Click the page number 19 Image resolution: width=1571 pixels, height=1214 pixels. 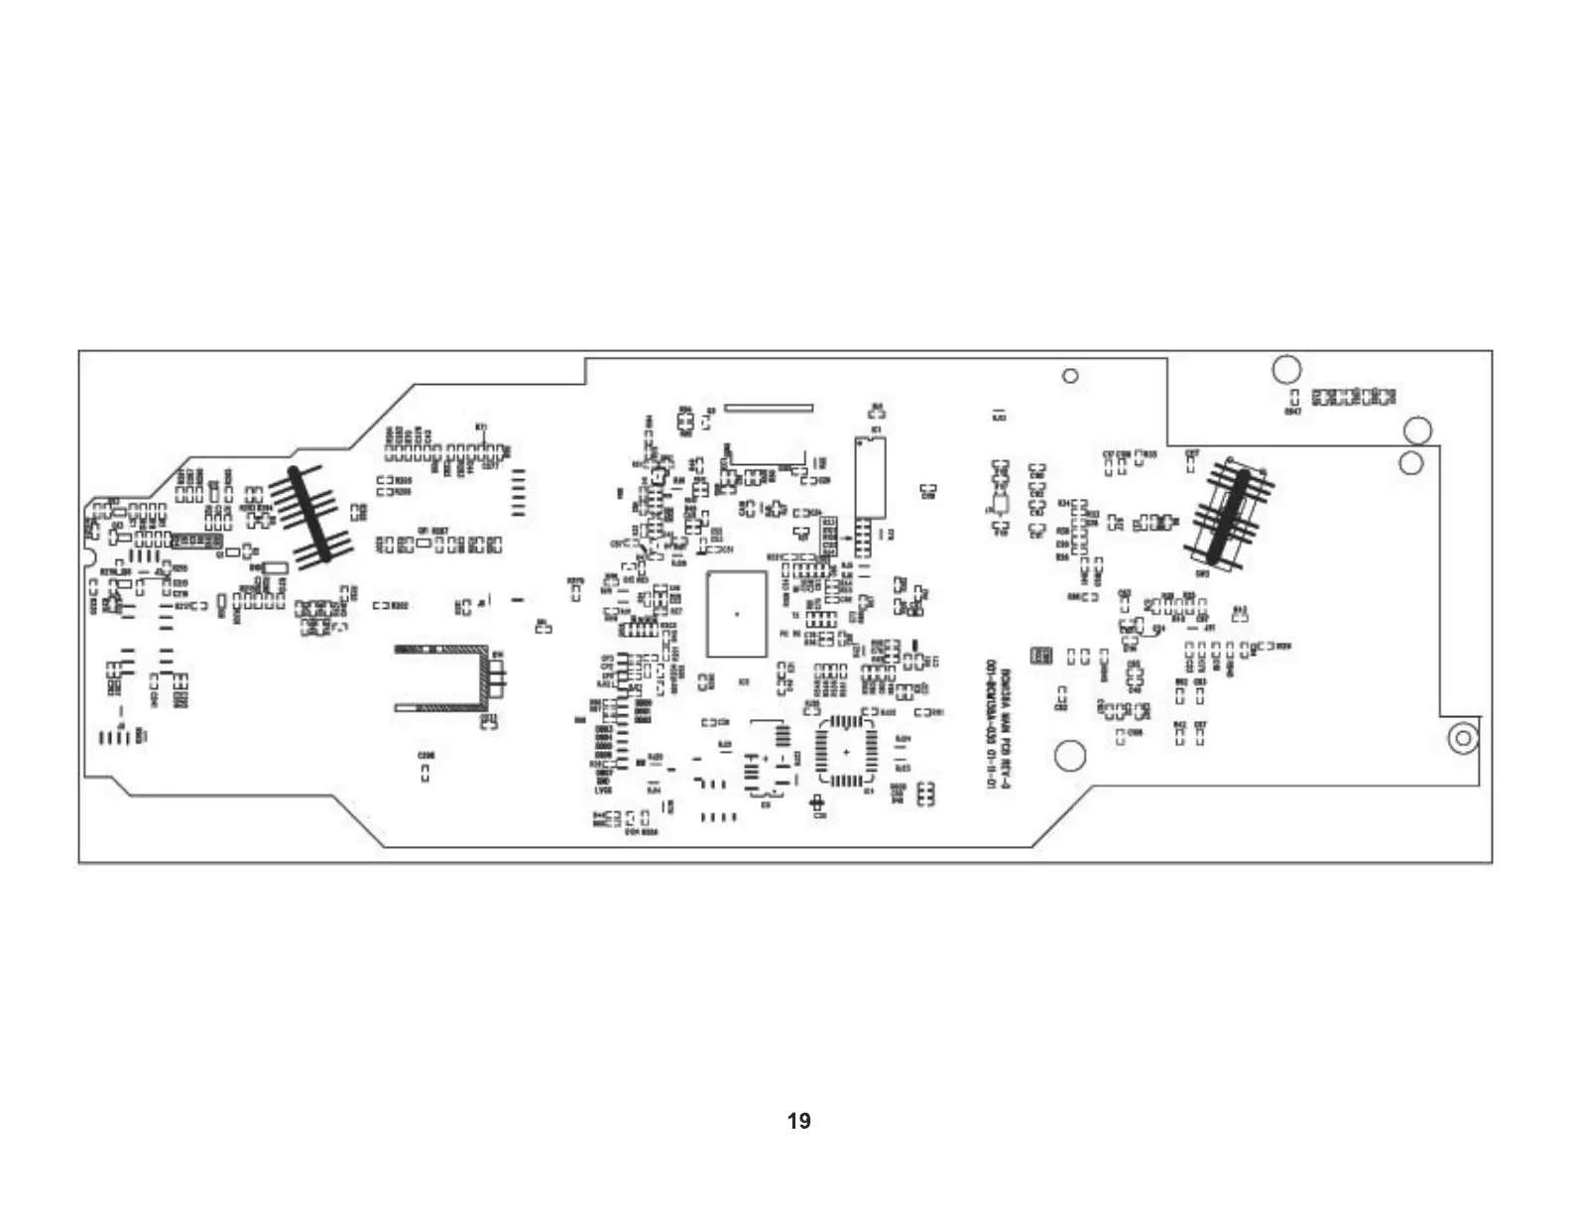[x=798, y=1121]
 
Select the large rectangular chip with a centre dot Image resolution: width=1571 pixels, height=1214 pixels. [x=736, y=614]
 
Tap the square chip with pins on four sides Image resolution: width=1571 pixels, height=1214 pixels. [x=845, y=753]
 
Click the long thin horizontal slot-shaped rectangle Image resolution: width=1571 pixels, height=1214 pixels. [x=769, y=406]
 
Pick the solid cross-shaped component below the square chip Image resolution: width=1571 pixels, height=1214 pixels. [x=818, y=802]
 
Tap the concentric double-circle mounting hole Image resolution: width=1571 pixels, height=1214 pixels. [x=1462, y=738]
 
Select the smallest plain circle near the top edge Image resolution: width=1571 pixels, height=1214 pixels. [x=1070, y=376]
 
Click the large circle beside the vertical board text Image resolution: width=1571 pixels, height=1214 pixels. [x=1070, y=756]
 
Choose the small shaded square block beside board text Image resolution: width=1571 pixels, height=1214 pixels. [x=1040, y=656]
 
